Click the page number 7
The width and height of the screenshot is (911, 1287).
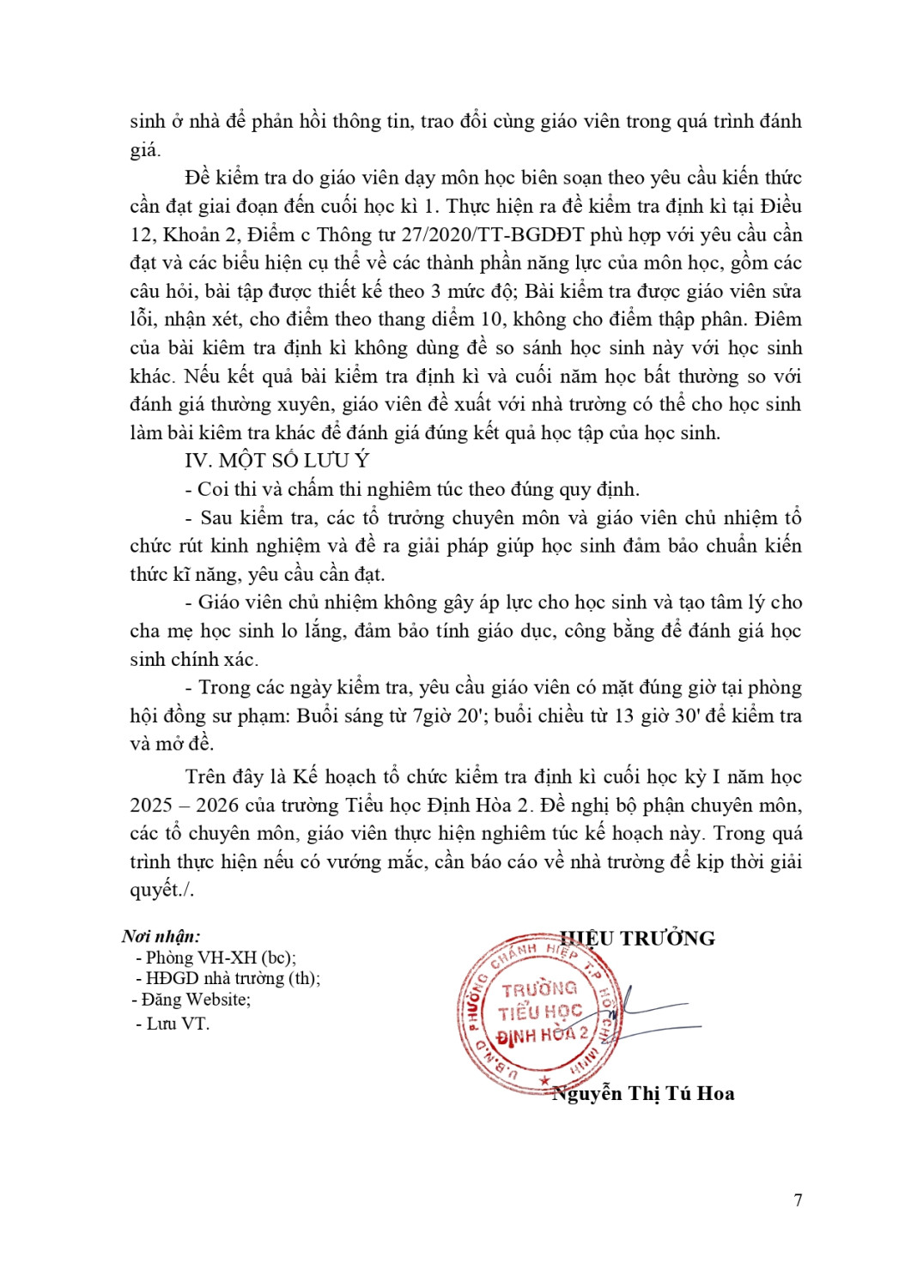pos(798,1199)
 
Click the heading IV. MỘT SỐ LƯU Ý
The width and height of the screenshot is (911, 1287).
pos(276,461)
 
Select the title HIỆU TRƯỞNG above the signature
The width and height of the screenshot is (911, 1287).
pos(637,938)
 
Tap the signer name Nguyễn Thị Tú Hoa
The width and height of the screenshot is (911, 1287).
pos(643,1093)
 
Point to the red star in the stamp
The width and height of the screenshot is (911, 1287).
pos(544,1080)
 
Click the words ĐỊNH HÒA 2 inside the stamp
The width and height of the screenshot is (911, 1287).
pos(543,1036)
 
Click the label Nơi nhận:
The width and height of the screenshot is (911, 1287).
pos(161,936)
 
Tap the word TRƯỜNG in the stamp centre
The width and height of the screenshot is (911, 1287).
pos(539,989)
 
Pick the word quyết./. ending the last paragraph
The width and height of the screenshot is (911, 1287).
pos(162,890)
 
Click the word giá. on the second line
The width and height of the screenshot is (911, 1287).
pos(145,150)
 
